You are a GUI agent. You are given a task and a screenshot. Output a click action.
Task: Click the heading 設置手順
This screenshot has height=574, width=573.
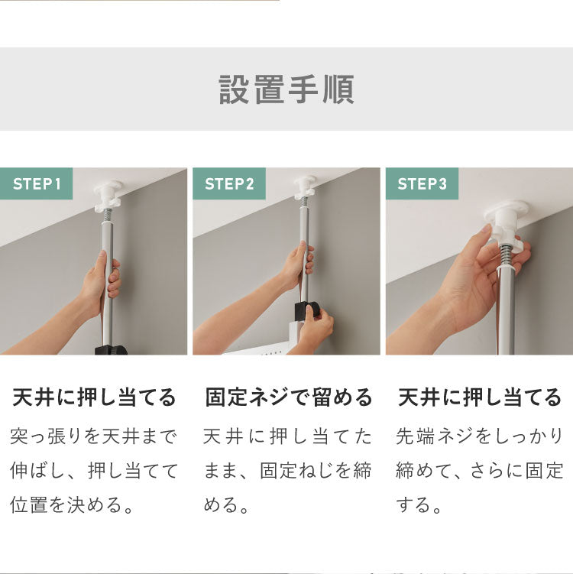click(286, 89)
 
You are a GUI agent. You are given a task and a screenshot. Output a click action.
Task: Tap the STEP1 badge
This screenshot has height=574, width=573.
click(37, 184)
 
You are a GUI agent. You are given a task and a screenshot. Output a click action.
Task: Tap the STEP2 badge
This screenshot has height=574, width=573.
click(229, 184)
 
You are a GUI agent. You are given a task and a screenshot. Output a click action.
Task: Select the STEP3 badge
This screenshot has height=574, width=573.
click(422, 184)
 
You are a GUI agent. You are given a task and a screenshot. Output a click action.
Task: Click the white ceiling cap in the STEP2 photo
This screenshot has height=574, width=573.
click(305, 184)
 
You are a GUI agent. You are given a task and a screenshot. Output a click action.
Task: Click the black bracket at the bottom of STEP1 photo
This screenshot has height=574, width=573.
click(111, 350)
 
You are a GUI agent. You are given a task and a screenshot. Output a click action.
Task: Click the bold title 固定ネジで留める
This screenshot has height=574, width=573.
click(289, 397)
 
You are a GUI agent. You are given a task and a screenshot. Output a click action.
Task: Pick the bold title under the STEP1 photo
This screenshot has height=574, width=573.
click(95, 397)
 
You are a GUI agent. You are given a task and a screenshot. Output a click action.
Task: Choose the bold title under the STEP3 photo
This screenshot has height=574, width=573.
click(480, 397)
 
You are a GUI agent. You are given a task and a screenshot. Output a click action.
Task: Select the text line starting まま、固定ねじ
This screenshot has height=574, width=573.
click(287, 470)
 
